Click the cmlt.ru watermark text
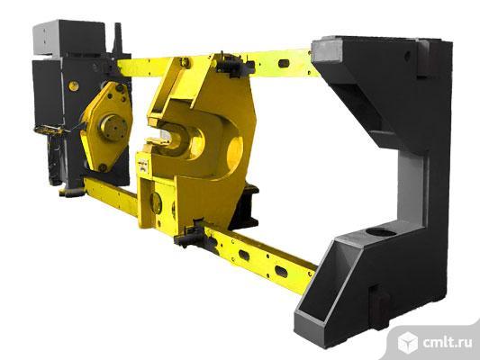pyautogui.click(x=447, y=343)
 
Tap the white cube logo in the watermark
pyautogui.click(x=407, y=342)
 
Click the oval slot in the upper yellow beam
pyautogui.click(x=284, y=64)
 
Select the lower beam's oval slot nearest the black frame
pyautogui.click(x=281, y=271)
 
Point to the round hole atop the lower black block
pyautogui.click(x=381, y=233)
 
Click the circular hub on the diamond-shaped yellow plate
pyautogui.click(x=113, y=128)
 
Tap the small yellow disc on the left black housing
pyautogui.click(x=74, y=85)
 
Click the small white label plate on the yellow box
pyautogui.click(x=142, y=164)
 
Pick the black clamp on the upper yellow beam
pyautogui.click(x=234, y=65)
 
